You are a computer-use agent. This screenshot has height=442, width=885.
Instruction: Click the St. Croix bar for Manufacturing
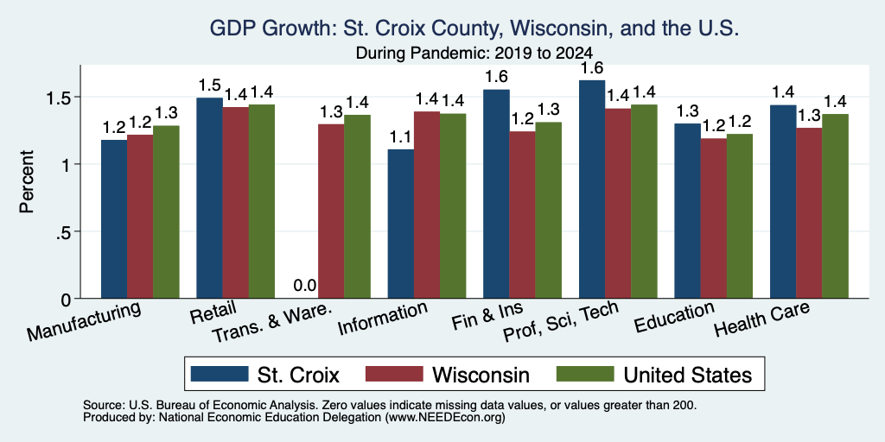tap(114, 218)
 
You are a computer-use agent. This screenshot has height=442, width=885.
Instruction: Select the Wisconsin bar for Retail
tap(235, 202)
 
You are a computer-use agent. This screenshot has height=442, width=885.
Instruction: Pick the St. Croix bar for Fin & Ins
tap(496, 194)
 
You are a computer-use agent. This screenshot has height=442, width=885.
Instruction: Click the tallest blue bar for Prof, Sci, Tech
tap(592, 189)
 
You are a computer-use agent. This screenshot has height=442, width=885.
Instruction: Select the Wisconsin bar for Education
tap(713, 218)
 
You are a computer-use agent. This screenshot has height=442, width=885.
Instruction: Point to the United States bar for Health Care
tap(836, 206)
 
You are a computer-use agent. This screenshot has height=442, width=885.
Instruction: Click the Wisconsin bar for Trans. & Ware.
tap(331, 211)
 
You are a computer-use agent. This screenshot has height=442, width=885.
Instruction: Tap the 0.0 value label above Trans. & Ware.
tap(305, 286)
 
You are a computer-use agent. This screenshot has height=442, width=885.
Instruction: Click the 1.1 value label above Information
tap(400, 137)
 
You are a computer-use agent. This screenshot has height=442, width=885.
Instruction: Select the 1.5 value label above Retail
tap(209, 85)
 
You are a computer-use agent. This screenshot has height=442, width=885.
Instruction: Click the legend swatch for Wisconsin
tap(394, 374)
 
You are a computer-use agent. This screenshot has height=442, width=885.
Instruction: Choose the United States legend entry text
tap(687, 375)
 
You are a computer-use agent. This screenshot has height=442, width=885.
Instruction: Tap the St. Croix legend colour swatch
tap(220, 374)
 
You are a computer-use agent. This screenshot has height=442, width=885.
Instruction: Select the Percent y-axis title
tap(27, 182)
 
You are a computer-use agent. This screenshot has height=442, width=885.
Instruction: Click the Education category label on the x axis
tap(674, 317)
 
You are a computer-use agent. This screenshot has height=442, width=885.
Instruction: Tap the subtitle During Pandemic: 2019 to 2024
tap(474, 53)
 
